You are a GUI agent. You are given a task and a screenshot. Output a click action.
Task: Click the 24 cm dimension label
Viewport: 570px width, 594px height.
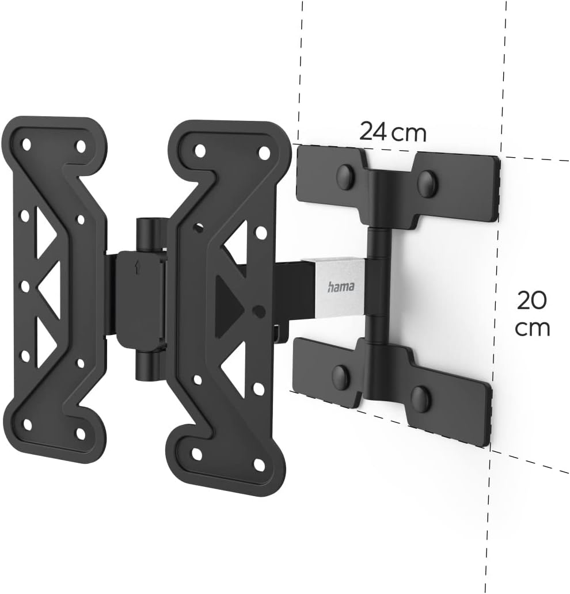pos(393,132)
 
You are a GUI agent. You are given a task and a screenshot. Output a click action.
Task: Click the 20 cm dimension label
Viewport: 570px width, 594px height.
pos(532,314)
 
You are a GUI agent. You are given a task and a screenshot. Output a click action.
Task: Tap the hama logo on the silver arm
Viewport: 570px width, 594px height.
pos(341,286)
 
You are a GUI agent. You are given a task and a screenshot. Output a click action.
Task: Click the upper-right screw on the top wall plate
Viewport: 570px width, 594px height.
pos(427,183)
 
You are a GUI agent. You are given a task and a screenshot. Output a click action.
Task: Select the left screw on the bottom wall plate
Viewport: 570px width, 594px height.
pos(340,376)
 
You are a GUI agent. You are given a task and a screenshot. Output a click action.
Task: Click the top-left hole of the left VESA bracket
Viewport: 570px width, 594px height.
pos(26,142)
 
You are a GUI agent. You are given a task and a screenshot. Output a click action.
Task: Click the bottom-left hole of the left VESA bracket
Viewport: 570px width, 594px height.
pos(26,425)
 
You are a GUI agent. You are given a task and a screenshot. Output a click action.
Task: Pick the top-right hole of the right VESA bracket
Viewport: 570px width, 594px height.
pos(264,153)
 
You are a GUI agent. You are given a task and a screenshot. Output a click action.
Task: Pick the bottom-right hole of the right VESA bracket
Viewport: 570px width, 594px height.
pos(260,464)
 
